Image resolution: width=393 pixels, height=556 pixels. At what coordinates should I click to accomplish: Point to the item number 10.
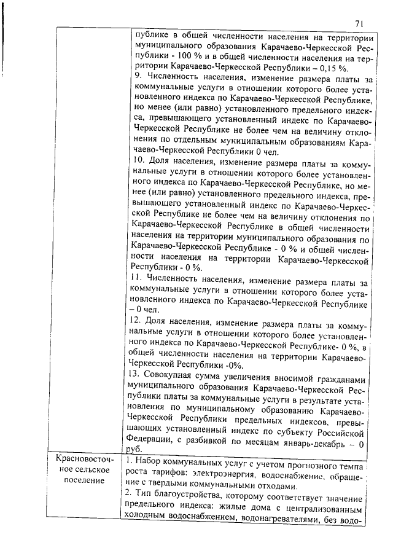point(139,161)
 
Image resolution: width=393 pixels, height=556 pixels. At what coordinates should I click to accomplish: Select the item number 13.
point(138,374)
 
